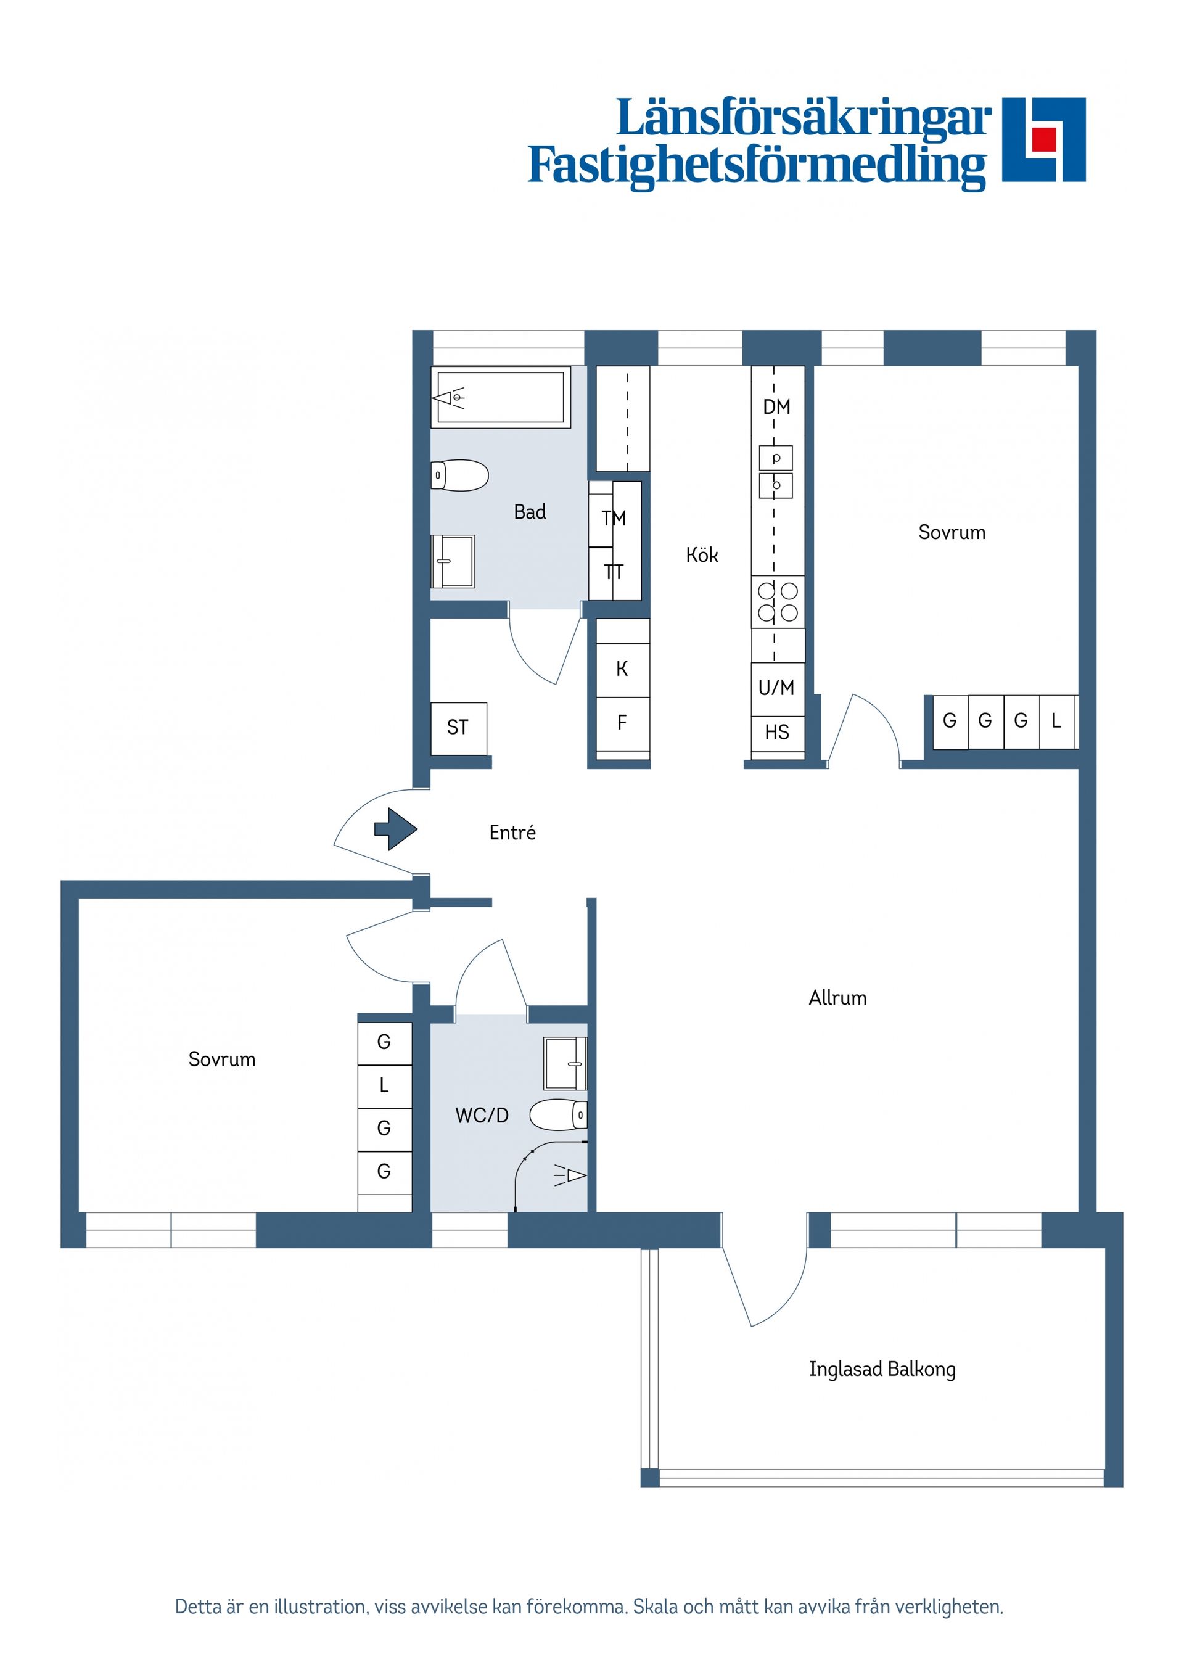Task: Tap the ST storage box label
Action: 458,727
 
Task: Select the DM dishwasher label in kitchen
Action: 776,406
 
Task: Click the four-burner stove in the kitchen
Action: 778,602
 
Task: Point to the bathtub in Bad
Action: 499,398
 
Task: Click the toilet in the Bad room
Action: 460,475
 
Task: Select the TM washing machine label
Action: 614,518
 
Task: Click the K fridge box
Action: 622,669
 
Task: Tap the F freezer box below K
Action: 622,723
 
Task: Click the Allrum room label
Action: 837,998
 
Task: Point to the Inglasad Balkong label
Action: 882,1368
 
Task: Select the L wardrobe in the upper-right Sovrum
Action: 1056,721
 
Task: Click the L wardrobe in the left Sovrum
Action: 384,1085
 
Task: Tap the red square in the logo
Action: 1043,139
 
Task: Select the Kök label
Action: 702,555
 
